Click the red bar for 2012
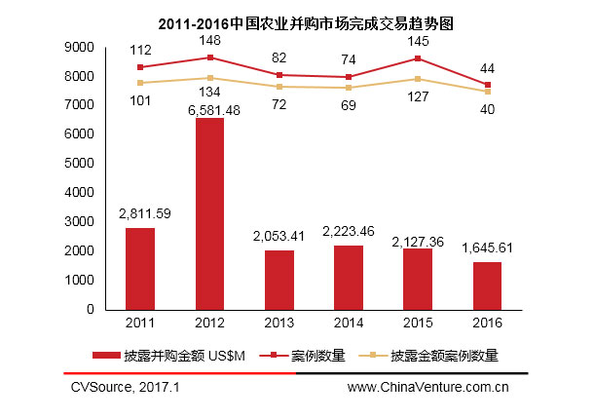(x=209, y=213)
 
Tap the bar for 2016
(x=487, y=285)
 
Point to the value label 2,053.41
(x=279, y=236)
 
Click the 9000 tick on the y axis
(x=82, y=47)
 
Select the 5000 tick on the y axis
(x=82, y=164)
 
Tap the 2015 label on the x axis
(x=418, y=321)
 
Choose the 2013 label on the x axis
(x=279, y=321)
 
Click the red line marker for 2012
(x=209, y=57)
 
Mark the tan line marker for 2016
(x=487, y=92)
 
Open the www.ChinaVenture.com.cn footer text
(x=427, y=387)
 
